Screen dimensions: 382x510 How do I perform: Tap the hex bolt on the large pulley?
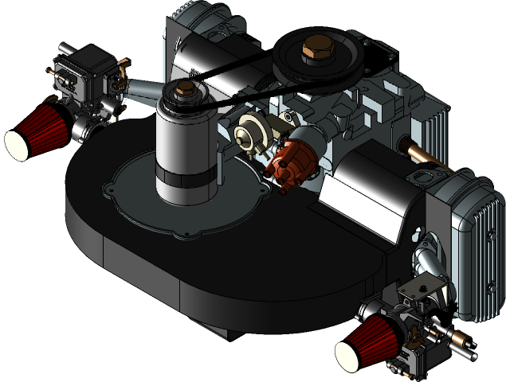[310, 53]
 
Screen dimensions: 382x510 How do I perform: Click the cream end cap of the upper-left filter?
[17, 144]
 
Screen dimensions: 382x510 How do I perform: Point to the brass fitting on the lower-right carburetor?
[460, 343]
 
